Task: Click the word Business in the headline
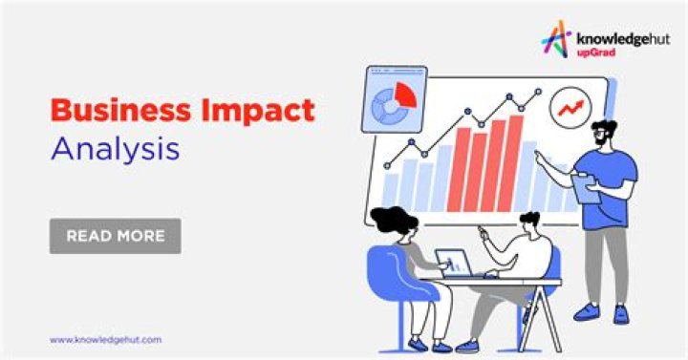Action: click(106, 111)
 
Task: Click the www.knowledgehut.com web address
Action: click(105, 339)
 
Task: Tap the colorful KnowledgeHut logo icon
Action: click(556, 38)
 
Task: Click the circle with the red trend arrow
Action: click(572, 107)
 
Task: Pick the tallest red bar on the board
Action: click(516, 162)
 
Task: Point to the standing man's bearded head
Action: click(604, 135)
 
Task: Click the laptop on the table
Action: click(453, 263)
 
